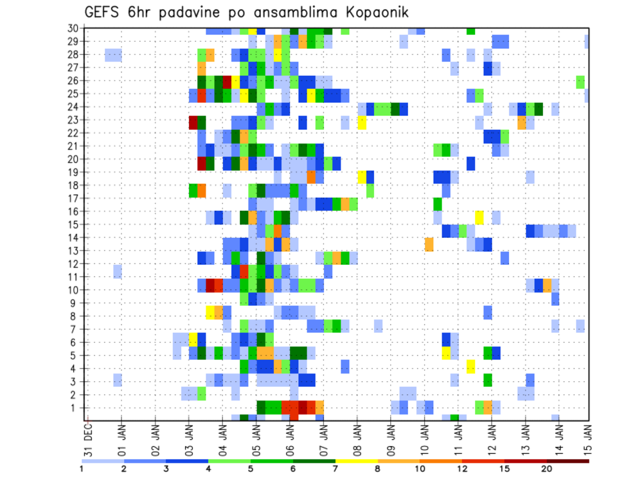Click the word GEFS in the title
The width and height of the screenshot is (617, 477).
103,13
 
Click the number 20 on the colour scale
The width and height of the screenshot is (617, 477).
547,468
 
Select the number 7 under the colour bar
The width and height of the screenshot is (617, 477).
335,468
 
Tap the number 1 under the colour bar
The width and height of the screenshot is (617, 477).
82,468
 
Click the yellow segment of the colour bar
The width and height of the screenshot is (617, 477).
356,461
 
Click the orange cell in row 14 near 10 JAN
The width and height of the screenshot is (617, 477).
429,244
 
